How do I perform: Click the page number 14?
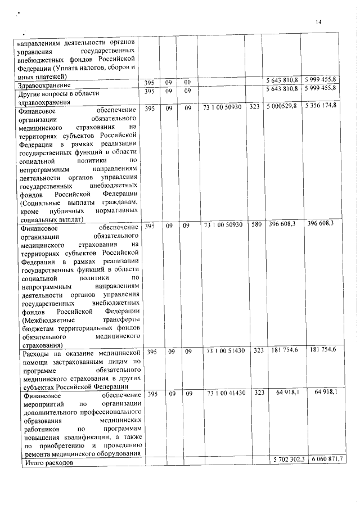tap(318, 22)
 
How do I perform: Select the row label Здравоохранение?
tap(42, 85)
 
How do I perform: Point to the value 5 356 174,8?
tap(321, 106)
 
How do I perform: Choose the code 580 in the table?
tap(255, 225)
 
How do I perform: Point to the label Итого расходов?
tap(47, 462)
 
